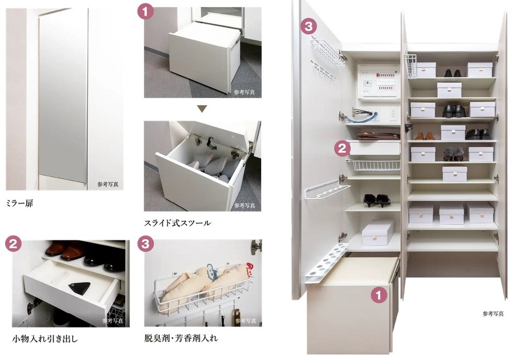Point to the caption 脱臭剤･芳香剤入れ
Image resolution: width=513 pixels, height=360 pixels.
pyautogui.click(x=181, y=339)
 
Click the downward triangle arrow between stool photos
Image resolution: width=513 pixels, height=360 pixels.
pyautogui.click(x=202, y=109)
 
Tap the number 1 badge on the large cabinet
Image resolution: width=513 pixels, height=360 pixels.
pyautogui.click(x=378, y=295)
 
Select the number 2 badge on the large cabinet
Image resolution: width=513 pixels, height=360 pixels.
pyautogui.click(x=342, y=149)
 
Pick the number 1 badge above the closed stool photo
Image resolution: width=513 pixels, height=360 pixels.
pyautogui.click(x=145, y=10)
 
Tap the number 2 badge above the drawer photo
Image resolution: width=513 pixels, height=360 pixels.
pyautogui.click(x=13, y=243)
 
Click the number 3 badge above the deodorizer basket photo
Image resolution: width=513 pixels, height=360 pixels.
pyautogui.click(x=145, y=243)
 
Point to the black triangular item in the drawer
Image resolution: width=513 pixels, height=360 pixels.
pyautogui.click(x=79, y=287)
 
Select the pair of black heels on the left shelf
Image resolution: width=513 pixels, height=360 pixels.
pyautogui.click(x=376, y=200)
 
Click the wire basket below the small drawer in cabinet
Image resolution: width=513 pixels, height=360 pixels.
pyautogui.click(x=373, y=165)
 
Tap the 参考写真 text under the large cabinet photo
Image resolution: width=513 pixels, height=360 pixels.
pyautogui.click(x=493, y=313)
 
